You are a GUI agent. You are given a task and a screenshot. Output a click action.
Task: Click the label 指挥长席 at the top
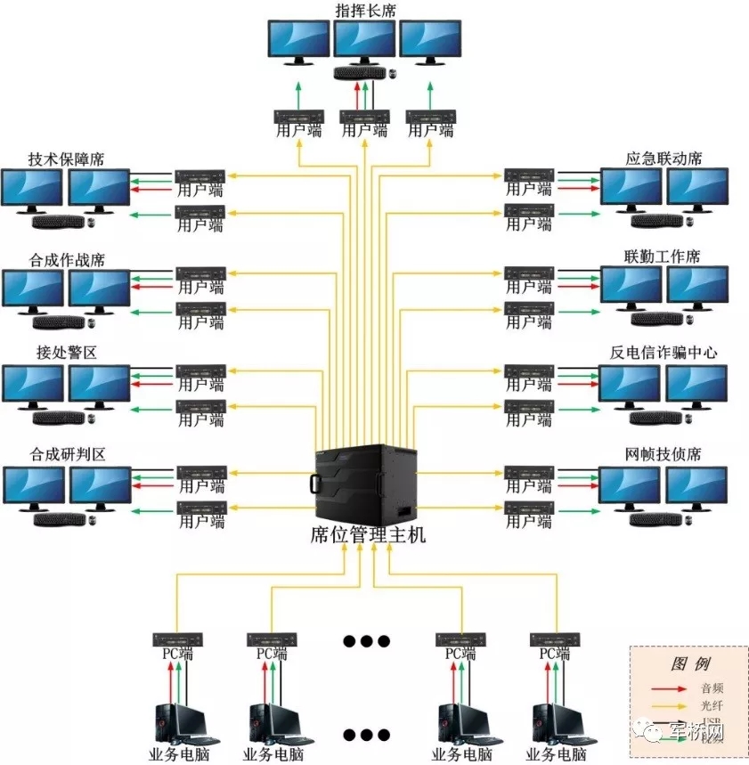tap(365, 10)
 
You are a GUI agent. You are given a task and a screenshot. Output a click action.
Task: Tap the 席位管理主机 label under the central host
tap(369, 535)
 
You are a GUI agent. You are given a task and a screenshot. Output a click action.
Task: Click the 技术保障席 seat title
tap(67, 159)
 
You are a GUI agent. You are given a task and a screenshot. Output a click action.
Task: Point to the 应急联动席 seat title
tap(664, 159)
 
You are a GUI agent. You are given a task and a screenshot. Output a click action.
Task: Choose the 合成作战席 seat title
tap(67, 260)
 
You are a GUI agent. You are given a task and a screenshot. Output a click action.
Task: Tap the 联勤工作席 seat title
tap(663, 256)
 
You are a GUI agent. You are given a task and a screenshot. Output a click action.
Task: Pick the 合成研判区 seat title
tap(67, 454)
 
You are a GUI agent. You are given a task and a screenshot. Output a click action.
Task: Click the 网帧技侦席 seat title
tap(664, 454)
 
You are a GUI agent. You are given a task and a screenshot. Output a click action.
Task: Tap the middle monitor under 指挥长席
tap(365, 41)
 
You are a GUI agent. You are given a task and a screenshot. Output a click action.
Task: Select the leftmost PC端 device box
tap(177, 639)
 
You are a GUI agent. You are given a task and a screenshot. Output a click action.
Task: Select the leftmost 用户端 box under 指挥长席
tap(299, 117)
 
